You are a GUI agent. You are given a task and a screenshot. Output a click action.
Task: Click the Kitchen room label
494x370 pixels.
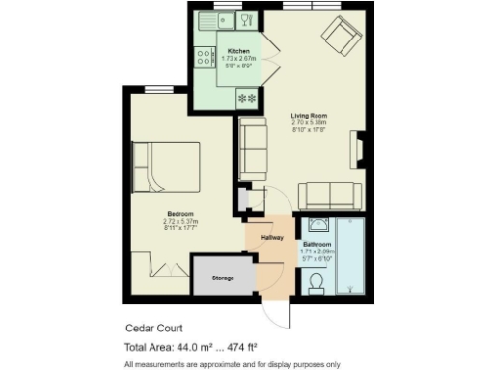pyautogui.click(x=238, y=50)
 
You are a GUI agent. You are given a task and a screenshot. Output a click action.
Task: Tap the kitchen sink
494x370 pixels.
pyautogui.click(x=209, y=19)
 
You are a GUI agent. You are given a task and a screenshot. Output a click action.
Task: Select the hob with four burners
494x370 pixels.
pyautogui.click(x=206, y=57)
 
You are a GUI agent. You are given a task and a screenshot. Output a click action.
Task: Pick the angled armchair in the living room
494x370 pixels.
pyautogui.click(x=339, y=37)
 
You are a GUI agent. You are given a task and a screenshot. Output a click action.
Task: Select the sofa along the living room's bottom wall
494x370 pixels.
pyautogui.click(x=330, y=196)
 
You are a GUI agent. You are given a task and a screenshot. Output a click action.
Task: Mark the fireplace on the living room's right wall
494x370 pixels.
pyautogui.click(x=360, y=150)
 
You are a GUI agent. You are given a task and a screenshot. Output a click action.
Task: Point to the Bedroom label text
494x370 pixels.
pyautogui.click(x=180, y=213)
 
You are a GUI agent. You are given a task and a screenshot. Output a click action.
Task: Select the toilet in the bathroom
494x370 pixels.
pyautogui.click(x=315, y=281)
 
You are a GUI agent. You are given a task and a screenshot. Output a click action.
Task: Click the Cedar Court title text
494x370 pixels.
pyautogui.click(x=152, y=328)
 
